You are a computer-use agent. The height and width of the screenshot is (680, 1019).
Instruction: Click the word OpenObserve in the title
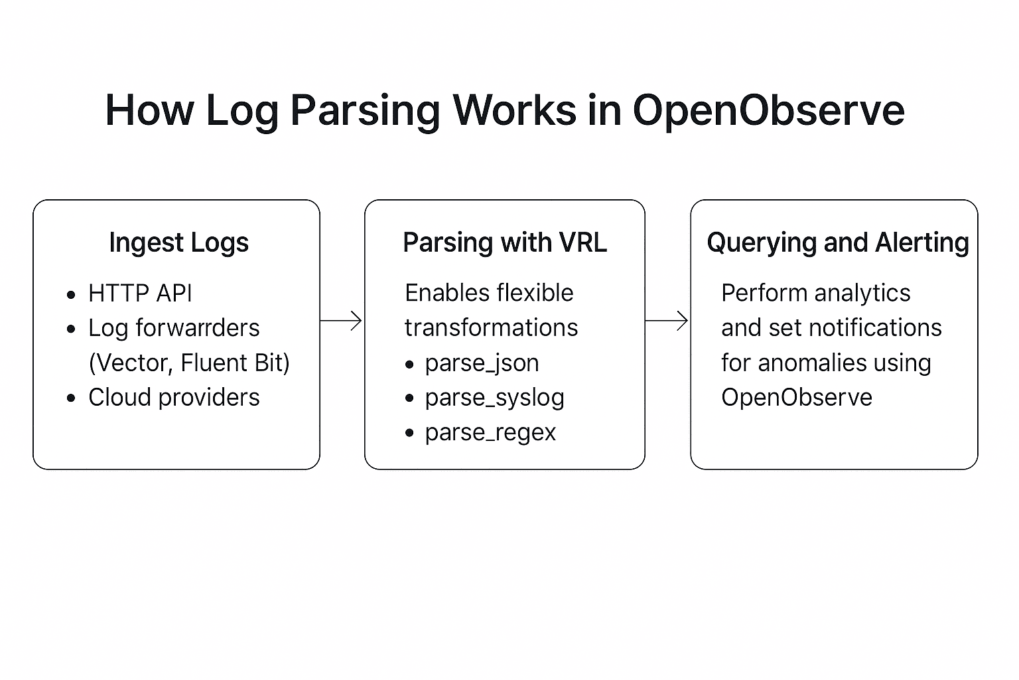tap(768, 110)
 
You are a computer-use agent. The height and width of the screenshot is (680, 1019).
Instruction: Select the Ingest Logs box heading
tap(178, 242)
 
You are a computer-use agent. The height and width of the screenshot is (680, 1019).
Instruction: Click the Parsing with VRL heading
tap(505, 242)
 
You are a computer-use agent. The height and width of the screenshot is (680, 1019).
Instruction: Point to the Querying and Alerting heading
tap(838, 242)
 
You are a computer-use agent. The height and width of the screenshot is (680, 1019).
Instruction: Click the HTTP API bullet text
tap(140, 293)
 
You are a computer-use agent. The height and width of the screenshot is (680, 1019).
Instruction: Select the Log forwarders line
tap(174, 328)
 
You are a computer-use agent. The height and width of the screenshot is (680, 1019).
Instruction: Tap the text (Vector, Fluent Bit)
tap(189, 363)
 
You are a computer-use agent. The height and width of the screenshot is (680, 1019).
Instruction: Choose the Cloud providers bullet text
tap(174, 397)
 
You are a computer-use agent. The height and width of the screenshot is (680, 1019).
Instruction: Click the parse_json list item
tap(482, 363)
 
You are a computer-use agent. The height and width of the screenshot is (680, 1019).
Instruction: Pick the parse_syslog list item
tap(494, 397)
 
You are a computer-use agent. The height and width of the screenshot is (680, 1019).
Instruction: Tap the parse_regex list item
tap(490, 432)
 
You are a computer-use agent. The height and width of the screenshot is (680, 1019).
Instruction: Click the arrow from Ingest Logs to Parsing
tap(342, 321)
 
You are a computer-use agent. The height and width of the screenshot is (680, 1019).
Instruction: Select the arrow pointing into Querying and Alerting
tap(667, 321)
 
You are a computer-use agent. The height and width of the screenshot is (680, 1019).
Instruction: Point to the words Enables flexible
tap(489, 293)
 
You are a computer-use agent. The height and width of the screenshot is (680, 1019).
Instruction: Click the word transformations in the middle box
tap(491, 328)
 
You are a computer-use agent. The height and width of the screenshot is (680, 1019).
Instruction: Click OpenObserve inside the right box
tap(796, 397)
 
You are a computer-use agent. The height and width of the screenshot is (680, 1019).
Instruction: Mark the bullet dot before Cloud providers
tap(72, 398)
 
